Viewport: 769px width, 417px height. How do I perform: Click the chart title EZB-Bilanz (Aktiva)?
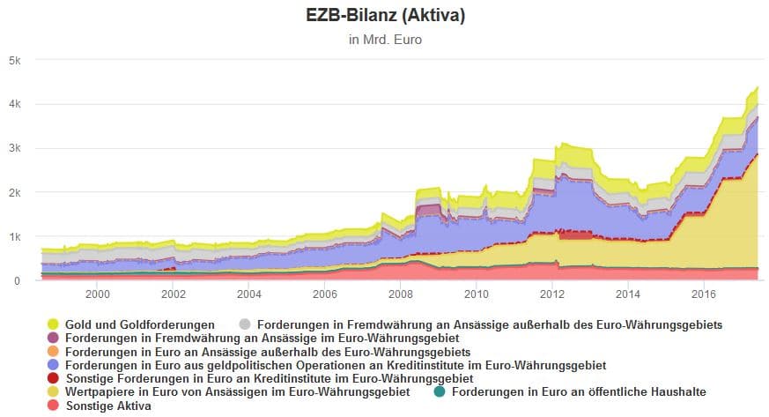tap(384, 15)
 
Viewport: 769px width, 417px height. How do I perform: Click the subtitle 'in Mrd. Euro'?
tap(384, 40)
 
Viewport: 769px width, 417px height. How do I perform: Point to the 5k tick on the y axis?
tap(15, 61)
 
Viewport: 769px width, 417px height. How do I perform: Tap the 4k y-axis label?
tap(15, 105)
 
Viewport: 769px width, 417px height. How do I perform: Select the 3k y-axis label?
tap(15, 149)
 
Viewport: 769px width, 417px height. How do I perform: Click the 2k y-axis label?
tap(15, 193)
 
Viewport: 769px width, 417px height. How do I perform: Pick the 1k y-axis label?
tap(15, 237)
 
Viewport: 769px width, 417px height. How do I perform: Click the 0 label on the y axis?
tap(18, 281)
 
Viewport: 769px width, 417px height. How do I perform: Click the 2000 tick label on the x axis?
tap(97, 294)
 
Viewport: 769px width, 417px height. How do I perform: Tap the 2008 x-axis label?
tap(401, 294)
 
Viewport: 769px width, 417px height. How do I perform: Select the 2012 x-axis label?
tap(552, 294)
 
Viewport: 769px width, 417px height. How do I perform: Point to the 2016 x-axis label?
tap(704, 294)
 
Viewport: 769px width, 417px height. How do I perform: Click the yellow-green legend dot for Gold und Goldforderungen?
tap(53, 325)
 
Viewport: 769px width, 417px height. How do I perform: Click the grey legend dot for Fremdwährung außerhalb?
tap(245, 325)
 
